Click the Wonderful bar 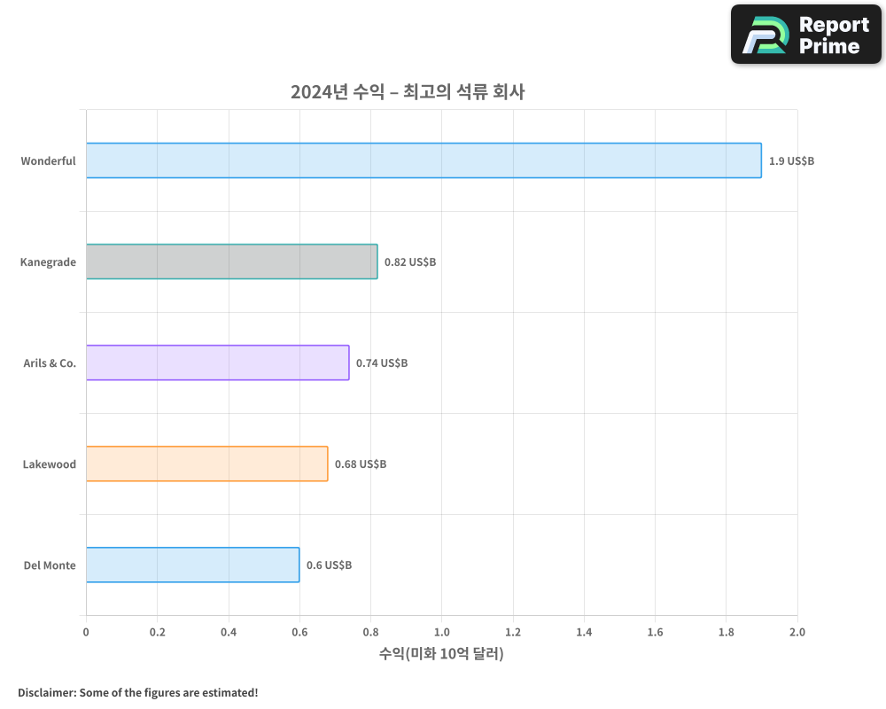point(424,160)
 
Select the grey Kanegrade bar point(231,261)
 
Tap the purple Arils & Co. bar point(217,362)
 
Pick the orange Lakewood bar point(206,464)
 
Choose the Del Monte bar point(192,565)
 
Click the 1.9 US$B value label point(791,161)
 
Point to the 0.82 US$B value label point(410,262)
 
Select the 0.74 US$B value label point(382,363)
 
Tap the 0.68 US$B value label point(361,464)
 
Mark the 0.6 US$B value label point(329,565)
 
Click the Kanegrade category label point(48,262)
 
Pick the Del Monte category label point(50,565)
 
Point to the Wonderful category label point(48,161)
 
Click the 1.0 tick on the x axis point(441,632)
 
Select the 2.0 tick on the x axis point(797,632)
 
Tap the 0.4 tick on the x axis point(228,632)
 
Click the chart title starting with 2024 point(408,91)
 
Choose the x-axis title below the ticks point(441,654)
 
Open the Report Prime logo point(805,35)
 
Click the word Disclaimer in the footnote point(46,692)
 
